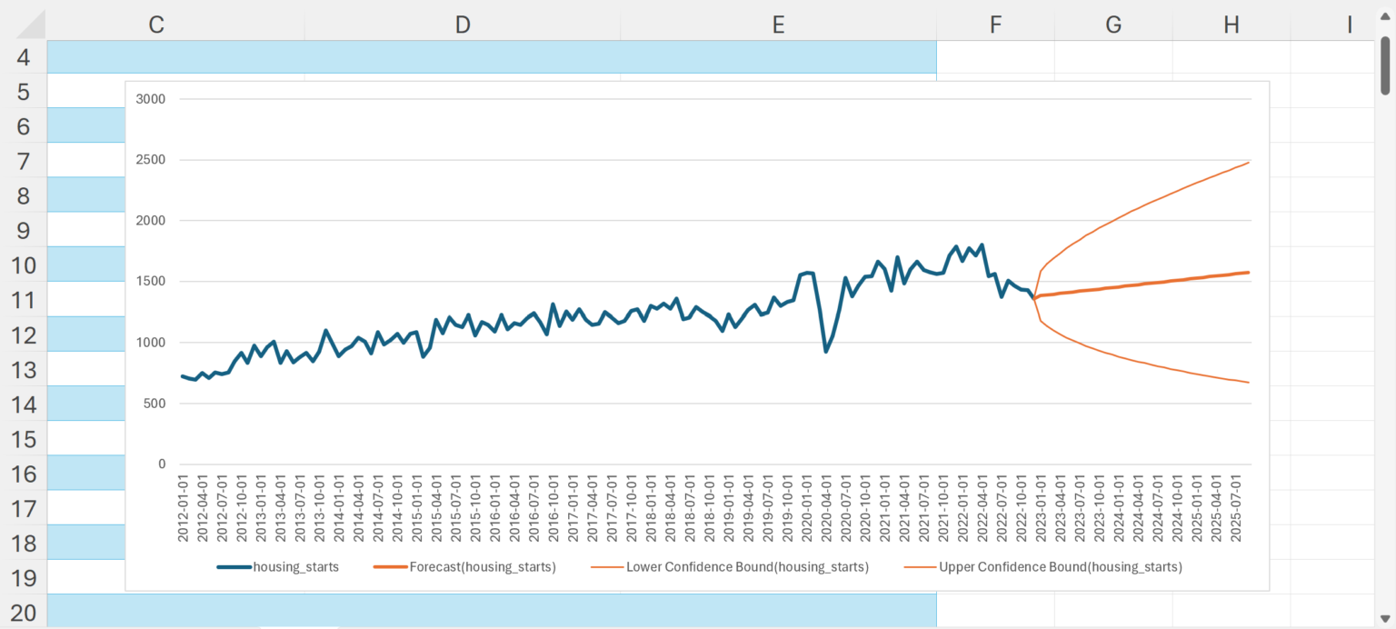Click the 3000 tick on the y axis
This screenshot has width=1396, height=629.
tap(150, 99)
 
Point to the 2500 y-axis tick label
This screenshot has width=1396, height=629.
tap(150, 160)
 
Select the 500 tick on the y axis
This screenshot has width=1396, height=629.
tap(154, 403)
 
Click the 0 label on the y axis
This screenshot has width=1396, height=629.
tap(162, 464)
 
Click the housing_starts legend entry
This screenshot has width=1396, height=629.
tap(278, 567)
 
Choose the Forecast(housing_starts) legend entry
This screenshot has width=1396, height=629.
tap(464, 567)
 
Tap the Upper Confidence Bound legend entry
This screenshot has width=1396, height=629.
tap(1042, 567)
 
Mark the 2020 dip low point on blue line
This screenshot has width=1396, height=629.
tap(825, 352)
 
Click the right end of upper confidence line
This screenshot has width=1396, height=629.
tap(1250, 163)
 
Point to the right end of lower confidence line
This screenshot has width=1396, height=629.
tap(1250, 383)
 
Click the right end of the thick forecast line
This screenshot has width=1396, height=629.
tap(1250, 273)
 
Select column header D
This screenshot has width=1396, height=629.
tap(463, 25)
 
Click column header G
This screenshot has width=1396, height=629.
tap(1113, 25)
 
